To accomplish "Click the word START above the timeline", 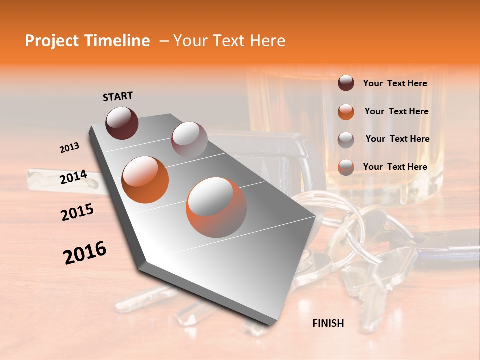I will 118,96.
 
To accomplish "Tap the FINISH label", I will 328,323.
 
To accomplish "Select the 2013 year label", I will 70,148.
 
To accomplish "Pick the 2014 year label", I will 73,177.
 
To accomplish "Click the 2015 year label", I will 77,213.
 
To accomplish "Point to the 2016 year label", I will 85,252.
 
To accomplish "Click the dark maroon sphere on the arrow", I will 122,123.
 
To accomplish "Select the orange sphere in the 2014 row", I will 145,180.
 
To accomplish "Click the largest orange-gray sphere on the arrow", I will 216,207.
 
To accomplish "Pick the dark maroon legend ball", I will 346,83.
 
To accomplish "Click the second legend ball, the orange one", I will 346,112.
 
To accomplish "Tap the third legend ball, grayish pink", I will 346,140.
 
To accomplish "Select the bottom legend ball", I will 346,167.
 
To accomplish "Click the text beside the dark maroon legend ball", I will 395,84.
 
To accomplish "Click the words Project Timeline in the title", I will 87,41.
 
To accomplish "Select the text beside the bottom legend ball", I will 395,167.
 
